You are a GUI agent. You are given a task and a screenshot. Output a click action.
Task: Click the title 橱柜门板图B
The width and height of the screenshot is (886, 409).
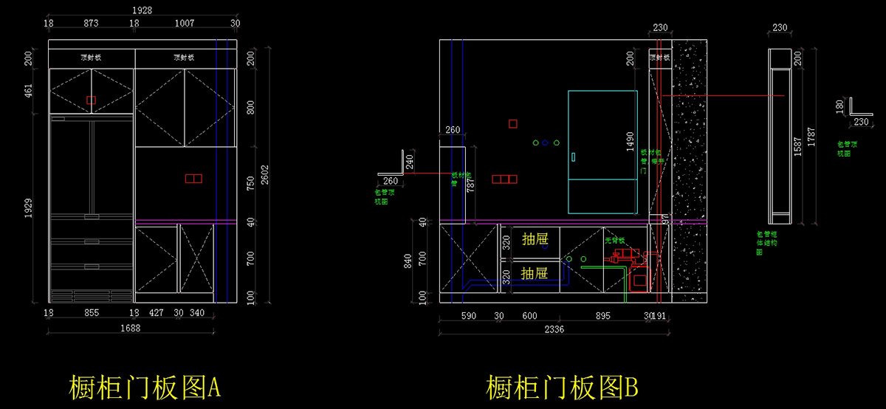click(x=561, y=387)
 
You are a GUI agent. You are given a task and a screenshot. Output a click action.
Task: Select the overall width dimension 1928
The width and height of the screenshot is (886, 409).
click(x=142, y=10)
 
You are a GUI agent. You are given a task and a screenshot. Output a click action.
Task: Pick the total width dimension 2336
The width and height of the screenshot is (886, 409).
click(x=552, y=329)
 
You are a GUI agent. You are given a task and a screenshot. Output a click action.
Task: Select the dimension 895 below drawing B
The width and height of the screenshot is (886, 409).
click(x=603, y=315)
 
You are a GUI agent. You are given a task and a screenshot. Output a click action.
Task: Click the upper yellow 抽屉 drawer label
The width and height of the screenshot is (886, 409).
click(x=535, y=239)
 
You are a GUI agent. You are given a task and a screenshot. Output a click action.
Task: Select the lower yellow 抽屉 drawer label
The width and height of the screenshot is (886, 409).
click(x=535, y=272)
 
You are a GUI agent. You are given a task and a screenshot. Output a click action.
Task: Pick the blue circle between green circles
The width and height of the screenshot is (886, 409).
click(x=546, y=142)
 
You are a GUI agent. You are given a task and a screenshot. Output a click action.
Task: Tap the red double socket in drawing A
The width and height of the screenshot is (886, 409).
click(x=193, y=178)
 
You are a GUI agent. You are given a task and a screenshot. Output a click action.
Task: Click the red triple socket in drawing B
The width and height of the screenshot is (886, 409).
click(x=504, y=179)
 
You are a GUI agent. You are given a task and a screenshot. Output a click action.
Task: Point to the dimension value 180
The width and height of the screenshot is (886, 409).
click(x=839, y=108)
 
